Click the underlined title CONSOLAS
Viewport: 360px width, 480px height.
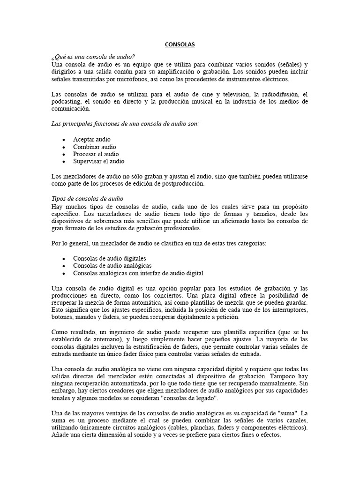pos(180,45)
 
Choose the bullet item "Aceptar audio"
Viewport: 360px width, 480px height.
pos(92,139)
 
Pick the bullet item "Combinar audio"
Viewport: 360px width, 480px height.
pos(94,147)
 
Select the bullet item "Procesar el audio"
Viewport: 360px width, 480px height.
pos(96,154)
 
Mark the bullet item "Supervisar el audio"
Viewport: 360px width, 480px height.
pos(98,161)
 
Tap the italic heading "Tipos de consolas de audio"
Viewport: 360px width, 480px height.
pos(87,199)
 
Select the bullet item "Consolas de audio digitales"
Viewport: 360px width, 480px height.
pos(109,258)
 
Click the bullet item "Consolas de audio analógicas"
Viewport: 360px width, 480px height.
pos(112,265)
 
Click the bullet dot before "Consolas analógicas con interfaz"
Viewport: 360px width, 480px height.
pos(63,273)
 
